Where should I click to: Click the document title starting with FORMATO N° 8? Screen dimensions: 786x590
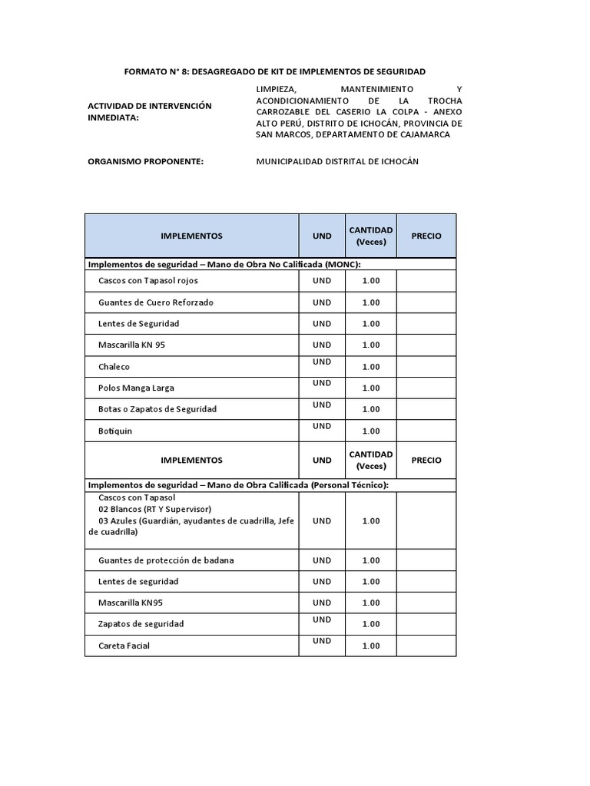274,71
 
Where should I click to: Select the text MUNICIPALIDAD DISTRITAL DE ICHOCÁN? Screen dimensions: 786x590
337,161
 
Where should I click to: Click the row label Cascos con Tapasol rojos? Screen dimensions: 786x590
147,281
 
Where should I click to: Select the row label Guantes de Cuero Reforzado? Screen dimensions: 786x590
156,302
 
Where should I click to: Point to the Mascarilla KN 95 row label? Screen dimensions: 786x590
131,345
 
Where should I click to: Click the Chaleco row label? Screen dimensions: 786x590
114,367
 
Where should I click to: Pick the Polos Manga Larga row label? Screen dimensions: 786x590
136,388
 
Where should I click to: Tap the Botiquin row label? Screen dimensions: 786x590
115,431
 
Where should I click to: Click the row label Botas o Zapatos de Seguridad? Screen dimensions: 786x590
157,409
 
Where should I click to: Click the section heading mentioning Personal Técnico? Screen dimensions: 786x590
238,485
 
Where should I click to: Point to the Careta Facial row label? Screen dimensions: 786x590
124,646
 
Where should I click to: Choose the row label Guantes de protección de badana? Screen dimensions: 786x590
166,560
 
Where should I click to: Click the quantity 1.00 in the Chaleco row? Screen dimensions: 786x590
370,367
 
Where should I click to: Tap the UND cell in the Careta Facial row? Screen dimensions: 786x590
322,641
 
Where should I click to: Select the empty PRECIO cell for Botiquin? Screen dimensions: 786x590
426,431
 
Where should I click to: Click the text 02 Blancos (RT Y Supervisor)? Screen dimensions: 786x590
154,509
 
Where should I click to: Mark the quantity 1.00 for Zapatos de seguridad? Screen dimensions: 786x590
370,624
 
